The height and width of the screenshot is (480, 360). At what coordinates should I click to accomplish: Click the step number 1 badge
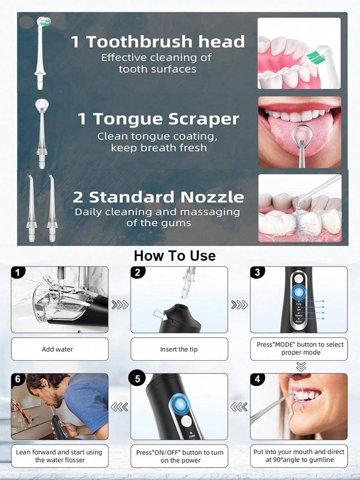pos(18,272)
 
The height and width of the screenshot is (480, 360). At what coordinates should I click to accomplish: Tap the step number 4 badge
pos(257,379)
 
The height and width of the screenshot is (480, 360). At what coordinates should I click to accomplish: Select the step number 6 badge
pos(18,379)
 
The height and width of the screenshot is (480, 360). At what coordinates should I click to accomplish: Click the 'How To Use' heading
pos(175,256)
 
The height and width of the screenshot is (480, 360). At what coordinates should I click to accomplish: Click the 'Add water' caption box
pos(60,349)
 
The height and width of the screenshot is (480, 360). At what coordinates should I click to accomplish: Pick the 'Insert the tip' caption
pos(179,349)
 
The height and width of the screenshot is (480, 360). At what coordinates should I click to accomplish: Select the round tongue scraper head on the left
pos(42,106)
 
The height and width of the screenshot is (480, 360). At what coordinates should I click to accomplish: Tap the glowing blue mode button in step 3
pos(298,292)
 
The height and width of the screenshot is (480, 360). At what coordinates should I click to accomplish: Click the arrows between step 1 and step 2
pos(120,305)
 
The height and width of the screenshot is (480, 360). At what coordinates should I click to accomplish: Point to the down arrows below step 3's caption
pos(301,367)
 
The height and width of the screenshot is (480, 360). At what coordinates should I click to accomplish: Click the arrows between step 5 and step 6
pos(120,407)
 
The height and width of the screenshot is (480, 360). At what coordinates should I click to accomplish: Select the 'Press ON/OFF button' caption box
pos(180,456)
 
